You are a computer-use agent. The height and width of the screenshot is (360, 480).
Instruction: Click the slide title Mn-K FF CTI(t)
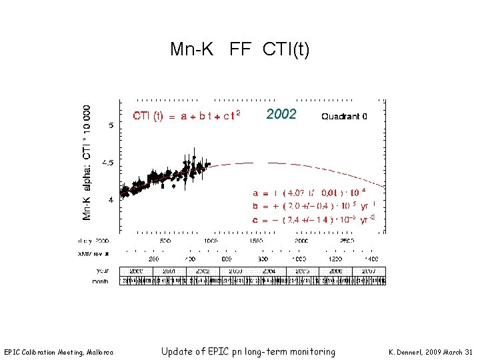point(239,49)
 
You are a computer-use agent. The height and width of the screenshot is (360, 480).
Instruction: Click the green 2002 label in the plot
point(281,114)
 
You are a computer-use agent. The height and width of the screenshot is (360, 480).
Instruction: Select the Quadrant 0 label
point(344,116)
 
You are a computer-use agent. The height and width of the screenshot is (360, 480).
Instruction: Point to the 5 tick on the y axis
point(111,125)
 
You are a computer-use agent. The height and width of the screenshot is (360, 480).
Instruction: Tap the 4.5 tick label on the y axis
point(107,163)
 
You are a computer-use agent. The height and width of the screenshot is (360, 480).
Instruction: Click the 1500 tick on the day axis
point(256,241)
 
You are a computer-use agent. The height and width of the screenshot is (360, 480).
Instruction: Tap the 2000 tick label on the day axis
point(301,241)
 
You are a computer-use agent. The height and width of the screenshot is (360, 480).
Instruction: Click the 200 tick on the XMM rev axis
point(154,258)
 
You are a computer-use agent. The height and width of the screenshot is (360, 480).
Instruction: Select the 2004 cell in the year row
point(269,271)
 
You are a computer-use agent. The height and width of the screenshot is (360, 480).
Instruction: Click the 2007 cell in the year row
point(369,271)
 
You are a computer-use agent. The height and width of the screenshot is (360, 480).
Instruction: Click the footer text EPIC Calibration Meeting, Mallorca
point(59,352)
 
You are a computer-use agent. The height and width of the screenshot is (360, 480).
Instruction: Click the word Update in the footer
point(179,351)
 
